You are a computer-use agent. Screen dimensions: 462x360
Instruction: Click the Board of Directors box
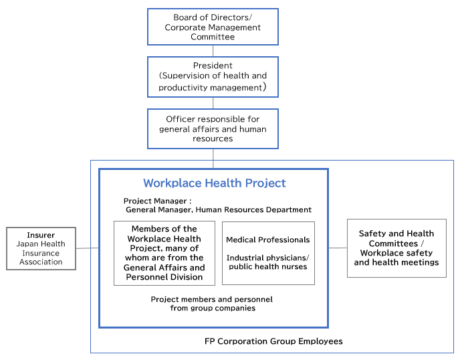(213, 27)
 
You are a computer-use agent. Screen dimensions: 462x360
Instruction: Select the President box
(213, 77)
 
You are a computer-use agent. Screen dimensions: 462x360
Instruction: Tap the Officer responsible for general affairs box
(213, 129)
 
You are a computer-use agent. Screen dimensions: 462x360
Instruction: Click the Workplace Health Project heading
(215, 183)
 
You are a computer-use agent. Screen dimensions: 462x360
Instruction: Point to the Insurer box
(41, 248)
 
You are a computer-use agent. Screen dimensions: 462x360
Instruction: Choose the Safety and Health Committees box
(396, 248)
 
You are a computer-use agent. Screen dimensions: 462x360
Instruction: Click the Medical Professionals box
(268, 253)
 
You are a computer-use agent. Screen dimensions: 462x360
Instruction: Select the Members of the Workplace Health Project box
(164, 253)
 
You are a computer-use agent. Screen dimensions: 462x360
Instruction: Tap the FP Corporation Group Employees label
(273, 341)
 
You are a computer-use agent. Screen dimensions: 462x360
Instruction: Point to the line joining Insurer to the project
(88, 248)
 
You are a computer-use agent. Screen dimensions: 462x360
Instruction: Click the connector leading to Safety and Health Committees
(338, 248)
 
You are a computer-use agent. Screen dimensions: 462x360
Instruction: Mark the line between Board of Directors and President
(213, 51)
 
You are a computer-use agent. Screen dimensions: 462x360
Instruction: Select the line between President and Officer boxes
(213, 103)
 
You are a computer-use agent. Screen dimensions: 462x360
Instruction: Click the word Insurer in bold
(41, 235)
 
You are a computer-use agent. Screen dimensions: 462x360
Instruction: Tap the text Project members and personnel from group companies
(212, 304)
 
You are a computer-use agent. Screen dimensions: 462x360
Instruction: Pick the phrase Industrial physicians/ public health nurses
(268, 262)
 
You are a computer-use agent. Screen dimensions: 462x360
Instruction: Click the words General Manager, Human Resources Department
(219, 209)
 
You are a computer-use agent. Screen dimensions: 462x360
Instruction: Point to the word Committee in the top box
(213, 37)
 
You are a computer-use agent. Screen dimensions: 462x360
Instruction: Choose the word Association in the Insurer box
(41, 262)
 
